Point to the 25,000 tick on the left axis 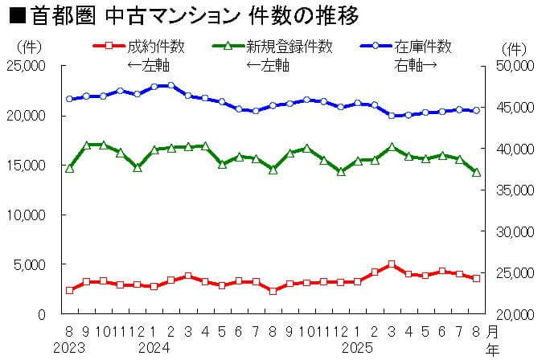point(27,66)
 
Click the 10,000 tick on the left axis point(27,215)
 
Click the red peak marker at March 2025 point(392,264)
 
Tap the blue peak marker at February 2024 point(170,85)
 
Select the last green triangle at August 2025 point(477,172)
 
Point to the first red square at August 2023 point(70,290)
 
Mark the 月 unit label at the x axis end point(492,330)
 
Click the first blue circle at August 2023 point(70,99)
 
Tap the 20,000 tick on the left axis point(27,116)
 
